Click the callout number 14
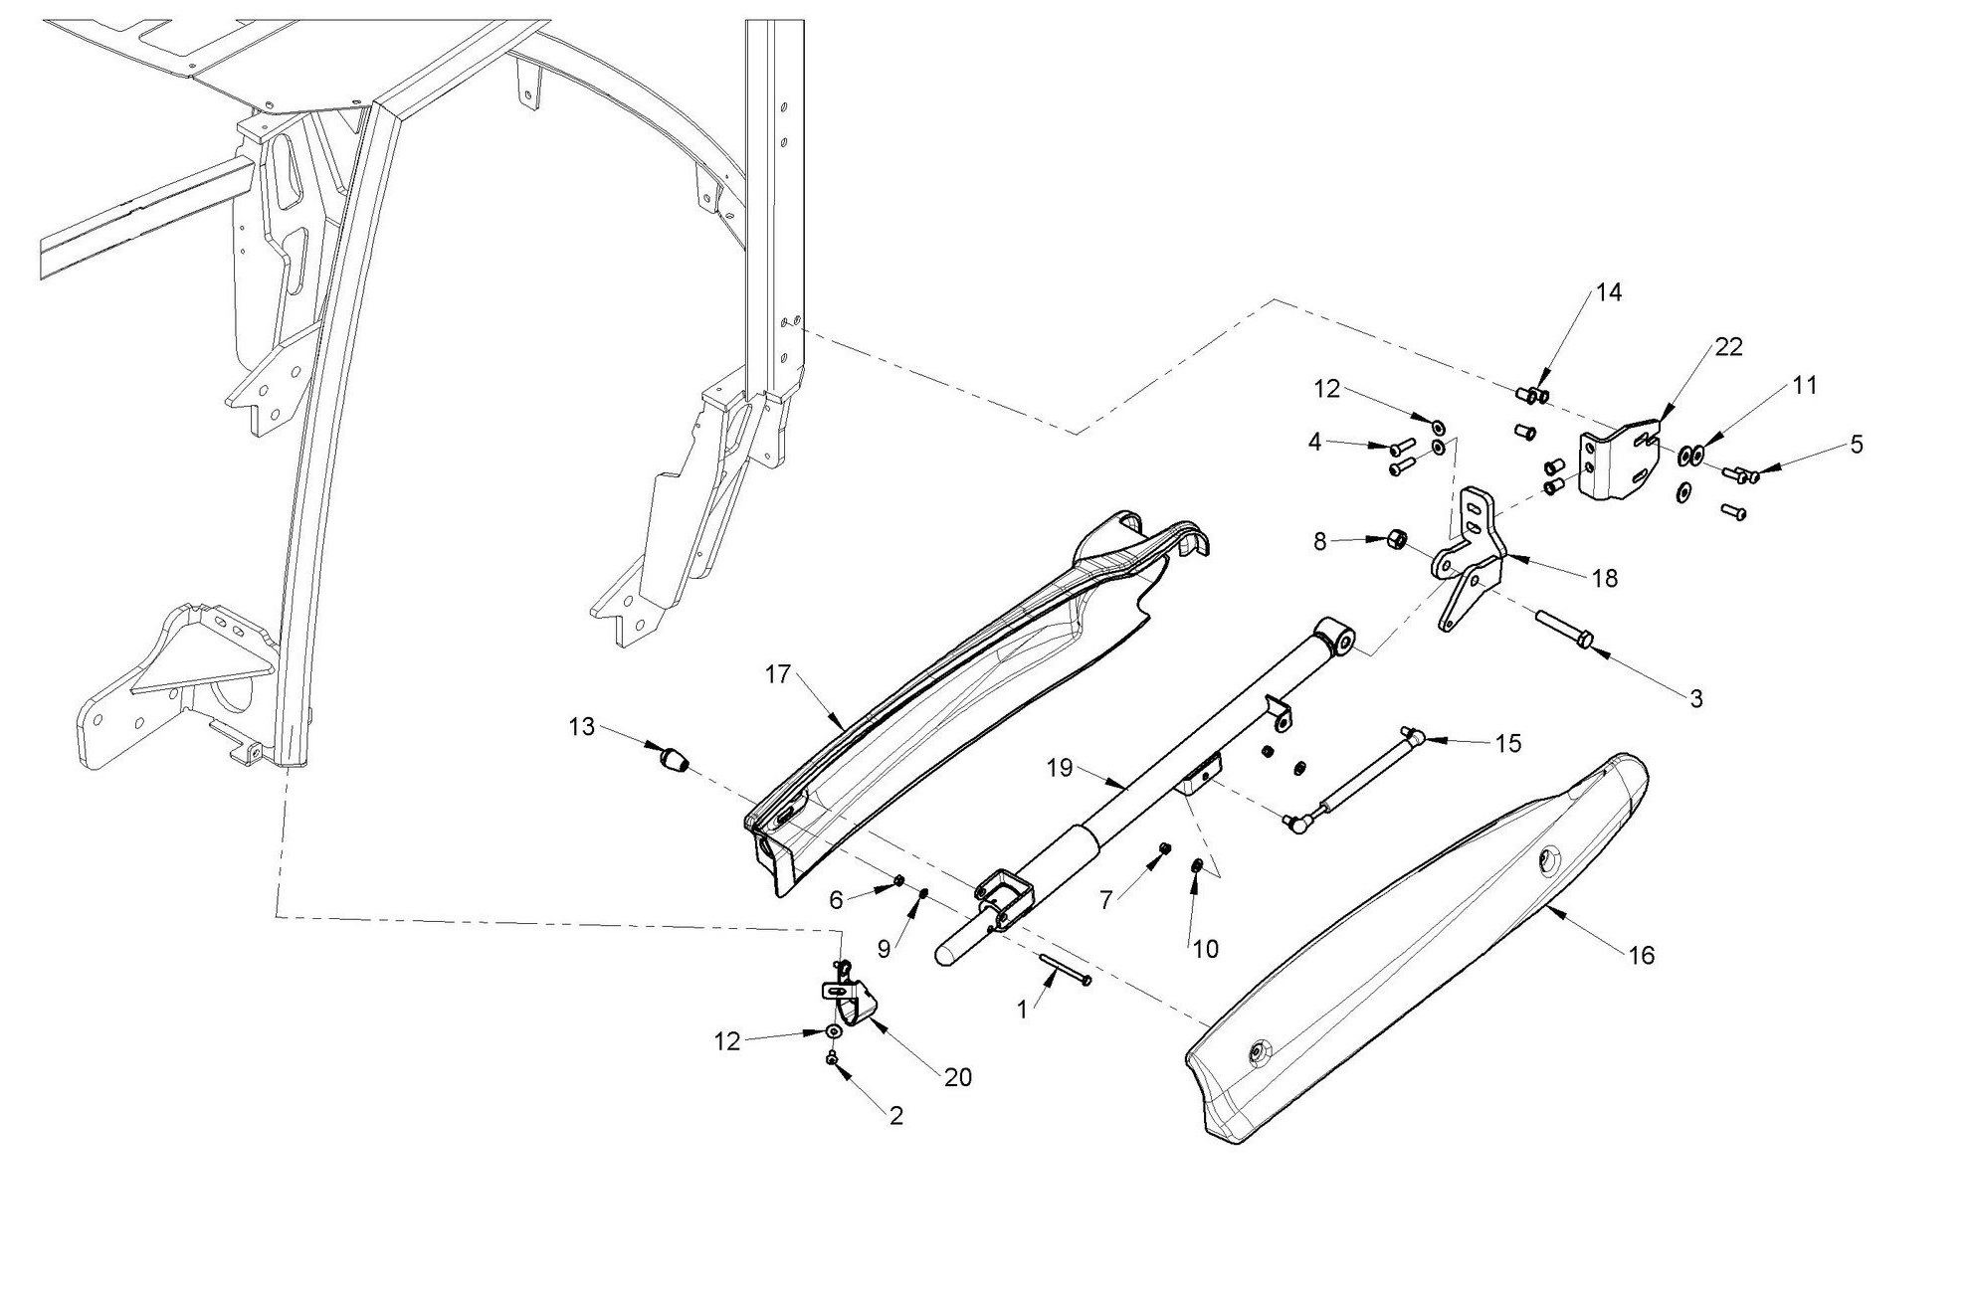click(1609, 292)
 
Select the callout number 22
click(1728, 347)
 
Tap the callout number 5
click(1857, 445)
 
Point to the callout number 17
click(777, 675)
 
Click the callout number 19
click(1060, 768)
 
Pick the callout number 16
click(1642, 956)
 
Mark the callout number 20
click(958, 1077)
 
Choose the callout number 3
click(1696, 699)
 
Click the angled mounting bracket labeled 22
click(1620, 463)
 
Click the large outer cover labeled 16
click(1413, 955)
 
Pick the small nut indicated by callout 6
click(898, 879)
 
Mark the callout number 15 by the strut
click(1508, 744)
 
